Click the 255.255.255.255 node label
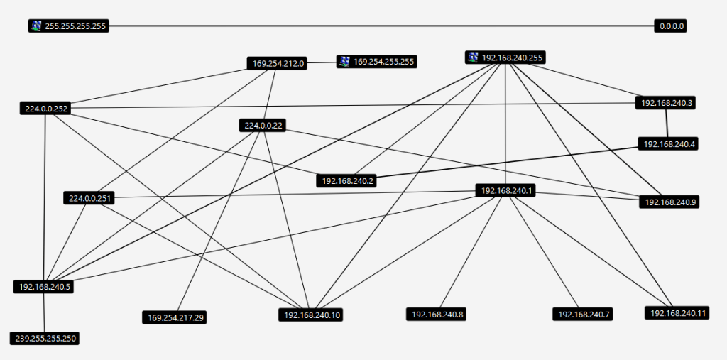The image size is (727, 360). click(75, 26)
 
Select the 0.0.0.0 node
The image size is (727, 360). click(671, 26)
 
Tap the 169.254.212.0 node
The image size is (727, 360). click(278, 63)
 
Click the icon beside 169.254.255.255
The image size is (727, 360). click(344, 62)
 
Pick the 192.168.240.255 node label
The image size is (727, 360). click(513, 58)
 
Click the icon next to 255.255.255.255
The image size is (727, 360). click(36, 26)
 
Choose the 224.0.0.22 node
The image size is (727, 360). click(264, 126)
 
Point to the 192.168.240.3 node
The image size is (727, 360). click(667, 103)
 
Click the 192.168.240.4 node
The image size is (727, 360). click(669, 144)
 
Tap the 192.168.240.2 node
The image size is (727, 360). click(348, 181)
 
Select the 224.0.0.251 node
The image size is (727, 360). click(89, 198)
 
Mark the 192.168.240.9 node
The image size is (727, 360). click(671, 202)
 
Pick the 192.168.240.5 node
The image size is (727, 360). click(45, 287)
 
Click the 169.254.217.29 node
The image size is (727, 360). click(176, 317)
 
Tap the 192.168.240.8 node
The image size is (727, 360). click(437, 314)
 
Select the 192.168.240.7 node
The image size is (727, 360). click(584, 314)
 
